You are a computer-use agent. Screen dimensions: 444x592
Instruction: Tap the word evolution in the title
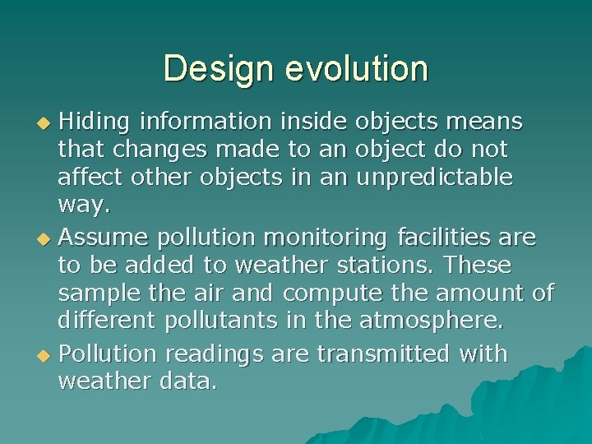tap(357, 68)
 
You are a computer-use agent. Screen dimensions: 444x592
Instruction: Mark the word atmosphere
tap(432, 319)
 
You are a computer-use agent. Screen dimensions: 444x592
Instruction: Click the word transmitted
tap(384, 354)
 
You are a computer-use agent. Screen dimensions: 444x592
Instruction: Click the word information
tap(205, 123)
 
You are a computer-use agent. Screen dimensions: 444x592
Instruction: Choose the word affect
tap(91, 177)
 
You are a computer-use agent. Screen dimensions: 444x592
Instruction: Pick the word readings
tap(214, 355)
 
